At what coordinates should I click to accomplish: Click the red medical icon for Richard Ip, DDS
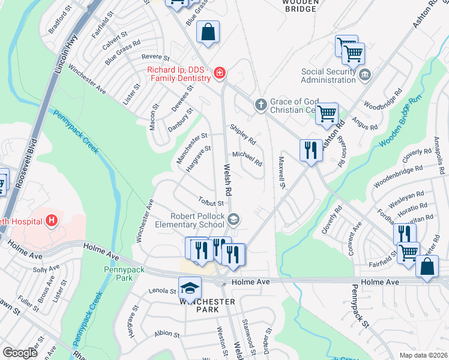tap(220, 73)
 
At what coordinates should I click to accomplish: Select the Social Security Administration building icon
tap(365, 75)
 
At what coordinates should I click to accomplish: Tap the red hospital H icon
tap(52, 221)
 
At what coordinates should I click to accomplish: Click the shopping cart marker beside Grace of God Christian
tap(327, 113)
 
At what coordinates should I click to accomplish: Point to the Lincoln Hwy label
tap(65, 55)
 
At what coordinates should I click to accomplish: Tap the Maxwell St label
tap(281, 170)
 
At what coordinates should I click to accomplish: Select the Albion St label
tap(166, 334)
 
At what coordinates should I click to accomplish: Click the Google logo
tap(20, 353)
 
